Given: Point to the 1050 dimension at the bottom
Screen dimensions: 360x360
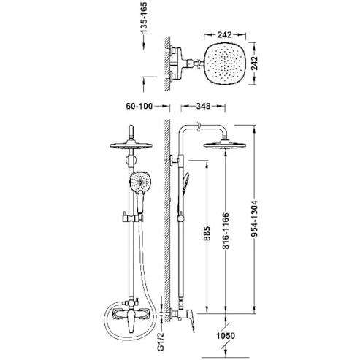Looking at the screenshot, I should pos(226,338).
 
